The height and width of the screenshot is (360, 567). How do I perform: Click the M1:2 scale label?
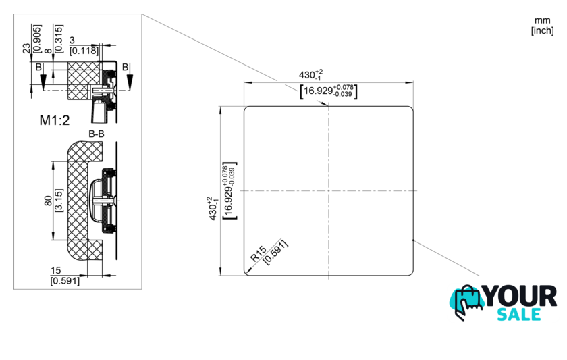coord(55,120)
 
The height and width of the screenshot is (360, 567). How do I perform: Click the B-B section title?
coord(97,134)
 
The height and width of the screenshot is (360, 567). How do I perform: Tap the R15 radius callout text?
coord(259,254)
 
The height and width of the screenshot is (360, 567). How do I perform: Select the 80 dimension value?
coord(49,201)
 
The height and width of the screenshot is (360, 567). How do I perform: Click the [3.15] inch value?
coord(59,200)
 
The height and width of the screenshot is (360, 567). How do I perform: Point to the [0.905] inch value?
coord(37,38)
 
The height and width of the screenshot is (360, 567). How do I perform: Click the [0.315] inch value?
coord(59,38)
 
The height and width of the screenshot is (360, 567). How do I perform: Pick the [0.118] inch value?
coord(84,51)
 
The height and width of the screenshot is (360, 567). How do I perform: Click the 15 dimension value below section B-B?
coord(55,270)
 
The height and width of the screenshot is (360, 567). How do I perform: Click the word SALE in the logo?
coord(519,315)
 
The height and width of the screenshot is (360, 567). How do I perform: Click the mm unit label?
coord(543,21)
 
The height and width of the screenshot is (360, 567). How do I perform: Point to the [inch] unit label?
coord(543,31)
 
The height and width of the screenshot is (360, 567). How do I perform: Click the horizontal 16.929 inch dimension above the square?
coord(329,91)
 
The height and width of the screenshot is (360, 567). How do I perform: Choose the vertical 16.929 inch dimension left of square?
coord(230,190)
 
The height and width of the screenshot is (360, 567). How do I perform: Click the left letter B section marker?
coord(38,68)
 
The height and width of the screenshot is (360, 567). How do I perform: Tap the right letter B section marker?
coord(125,67)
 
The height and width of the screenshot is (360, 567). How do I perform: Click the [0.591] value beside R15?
coord(275,252)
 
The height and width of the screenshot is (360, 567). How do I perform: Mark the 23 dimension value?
coord(27,49)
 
